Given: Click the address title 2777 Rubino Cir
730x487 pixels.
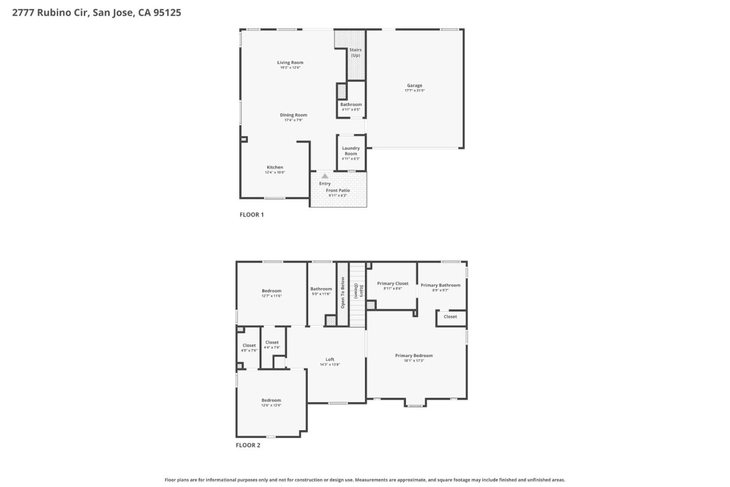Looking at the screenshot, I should coord(96,13).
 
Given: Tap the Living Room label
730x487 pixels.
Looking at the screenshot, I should coord(290,62).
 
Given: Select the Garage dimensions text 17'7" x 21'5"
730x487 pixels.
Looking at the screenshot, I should coord(414,90).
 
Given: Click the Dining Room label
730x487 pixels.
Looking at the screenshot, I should coord(294,115).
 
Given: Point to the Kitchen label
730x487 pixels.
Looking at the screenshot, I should coord(275,167).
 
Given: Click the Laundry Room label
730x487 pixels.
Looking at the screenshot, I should coord(351,151).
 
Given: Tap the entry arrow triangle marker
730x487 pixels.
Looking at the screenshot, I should coord(325,176).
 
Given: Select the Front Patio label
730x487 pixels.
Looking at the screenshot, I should coord(338,190).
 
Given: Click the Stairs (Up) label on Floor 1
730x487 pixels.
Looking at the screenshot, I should coord(355,52).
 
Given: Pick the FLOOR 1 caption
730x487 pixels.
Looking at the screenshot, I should coord(251,215).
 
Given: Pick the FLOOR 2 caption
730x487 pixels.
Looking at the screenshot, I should coord(248,445).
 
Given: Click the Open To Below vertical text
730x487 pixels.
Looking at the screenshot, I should coord(343,293).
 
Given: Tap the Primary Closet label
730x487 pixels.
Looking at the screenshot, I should coord(392,284).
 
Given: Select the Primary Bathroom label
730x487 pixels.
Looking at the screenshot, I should coord(440,285).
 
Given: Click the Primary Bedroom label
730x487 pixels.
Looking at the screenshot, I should coord(414,356).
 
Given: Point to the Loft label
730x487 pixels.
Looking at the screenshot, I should coord(330,359).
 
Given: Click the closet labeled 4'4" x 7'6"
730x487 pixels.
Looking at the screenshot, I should coord(272,344).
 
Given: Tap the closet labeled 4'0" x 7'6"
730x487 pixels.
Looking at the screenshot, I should coord(249,347).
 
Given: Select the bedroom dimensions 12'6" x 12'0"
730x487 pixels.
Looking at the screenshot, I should coord(271,405).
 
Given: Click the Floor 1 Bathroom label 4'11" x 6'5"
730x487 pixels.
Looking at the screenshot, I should coord(351,107).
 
